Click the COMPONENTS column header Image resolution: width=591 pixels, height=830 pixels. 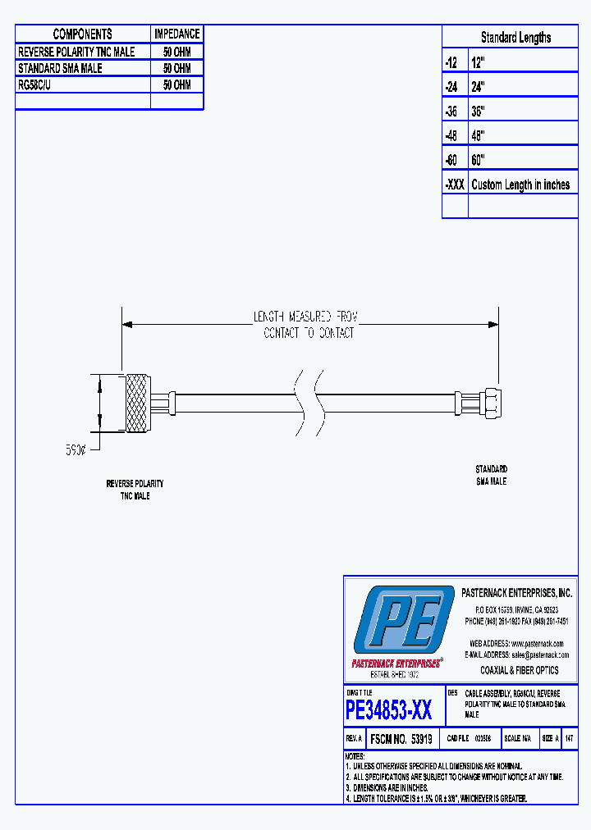click(82, 34)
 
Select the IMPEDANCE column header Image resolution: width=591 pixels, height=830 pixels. click(176, 34)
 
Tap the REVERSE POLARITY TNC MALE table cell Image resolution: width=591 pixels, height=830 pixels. click(76, 51)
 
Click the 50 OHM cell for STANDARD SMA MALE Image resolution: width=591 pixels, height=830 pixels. click(176, 68)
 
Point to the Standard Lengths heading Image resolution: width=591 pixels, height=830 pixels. click(515, 38)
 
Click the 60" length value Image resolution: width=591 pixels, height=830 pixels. click(479, 159)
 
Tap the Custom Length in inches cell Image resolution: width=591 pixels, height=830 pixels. click(520, 185)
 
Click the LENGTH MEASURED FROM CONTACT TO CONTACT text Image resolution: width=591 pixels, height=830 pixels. click(309, 325)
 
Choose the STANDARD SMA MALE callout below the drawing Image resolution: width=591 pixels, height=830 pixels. click(491, 475)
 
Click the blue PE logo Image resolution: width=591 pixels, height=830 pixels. click(401, 620)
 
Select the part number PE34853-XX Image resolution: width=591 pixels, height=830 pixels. click(388, 709)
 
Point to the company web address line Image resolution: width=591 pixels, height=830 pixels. click(516, 643)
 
